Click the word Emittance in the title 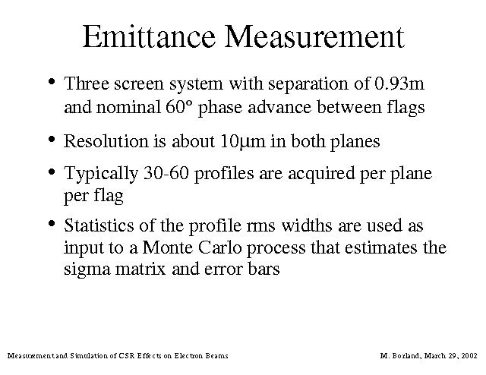(x=149, y=36)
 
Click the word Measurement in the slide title (x=314, y=36)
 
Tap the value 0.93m (x=399, y=84)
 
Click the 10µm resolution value (x=243, y=142)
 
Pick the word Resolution (x=106, y=141)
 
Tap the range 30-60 (x=166, y=173)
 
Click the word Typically (x=101, y=174)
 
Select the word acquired (x=321, y=174)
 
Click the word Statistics (x=99, y=225)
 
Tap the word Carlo (x=219, y=247)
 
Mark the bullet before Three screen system (x=52, y=82)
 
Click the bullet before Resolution (x=52, y=139)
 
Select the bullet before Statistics (x=52, y=223)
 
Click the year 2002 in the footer (x=469, y=355)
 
